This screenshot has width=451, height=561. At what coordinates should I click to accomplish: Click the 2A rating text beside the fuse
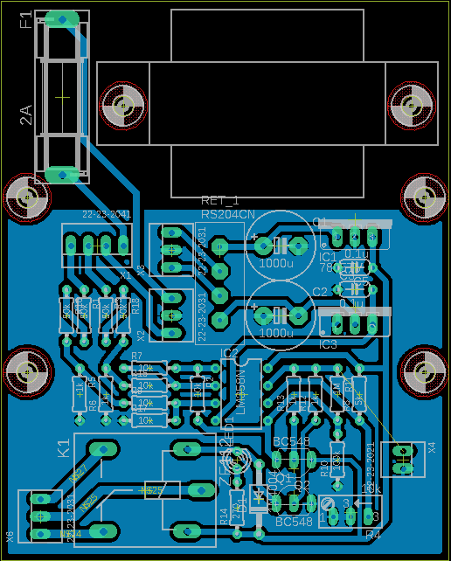pyautogui.click(x=26, y=114)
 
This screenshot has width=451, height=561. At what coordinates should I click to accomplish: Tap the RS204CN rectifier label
pyautogui.click(x=228, y=214)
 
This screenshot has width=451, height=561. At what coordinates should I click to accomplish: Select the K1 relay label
pyautogui.click(x=64, y=449)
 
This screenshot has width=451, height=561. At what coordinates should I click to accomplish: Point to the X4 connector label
pyautogui.click(x=431, y=448)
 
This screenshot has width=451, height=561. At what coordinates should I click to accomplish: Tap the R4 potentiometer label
pyautogui.click(x=373, y=534)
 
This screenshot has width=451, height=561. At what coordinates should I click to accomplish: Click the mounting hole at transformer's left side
pyautogui.click(x=121, y=104)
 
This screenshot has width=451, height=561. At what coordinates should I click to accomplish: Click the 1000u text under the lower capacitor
pyautogui.click(x=277, y=333)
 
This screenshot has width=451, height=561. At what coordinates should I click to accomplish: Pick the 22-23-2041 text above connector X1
pyautogui.click(x=107, y=214)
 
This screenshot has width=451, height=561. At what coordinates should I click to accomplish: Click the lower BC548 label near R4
pyautogui.click(x=294, y=522)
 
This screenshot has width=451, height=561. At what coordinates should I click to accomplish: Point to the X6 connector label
pyautogui.click(x=10, y=536)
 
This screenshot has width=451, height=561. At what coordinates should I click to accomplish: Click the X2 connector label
pyautogui.click(x=142, y=336)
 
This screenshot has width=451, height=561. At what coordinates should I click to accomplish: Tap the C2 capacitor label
pyautogui.click(x=319, y=291)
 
